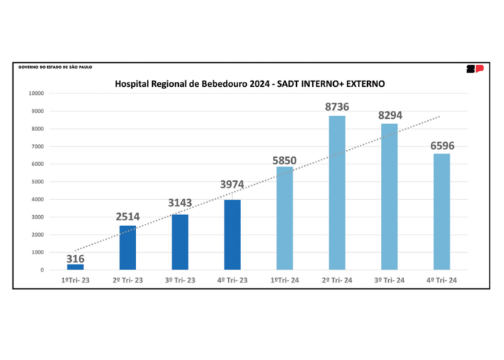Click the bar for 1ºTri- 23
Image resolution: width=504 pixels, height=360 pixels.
(75, 267)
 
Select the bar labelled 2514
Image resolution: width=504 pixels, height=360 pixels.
(127, 248)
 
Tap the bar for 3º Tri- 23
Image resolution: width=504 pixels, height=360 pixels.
(180, 242)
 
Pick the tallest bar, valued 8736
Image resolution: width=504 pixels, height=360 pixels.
(337, 193)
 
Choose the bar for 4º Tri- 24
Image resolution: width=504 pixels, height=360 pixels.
(441, 212)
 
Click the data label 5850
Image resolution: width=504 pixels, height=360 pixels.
(285, 159)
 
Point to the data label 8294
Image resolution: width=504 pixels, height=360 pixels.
(389, 115)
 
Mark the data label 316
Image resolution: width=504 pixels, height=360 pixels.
(75, 258)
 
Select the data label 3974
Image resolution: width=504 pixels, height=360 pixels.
(232, 185)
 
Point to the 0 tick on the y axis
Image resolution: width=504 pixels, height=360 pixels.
(42, 269)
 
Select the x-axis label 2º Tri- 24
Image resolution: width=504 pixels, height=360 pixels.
(337, 279)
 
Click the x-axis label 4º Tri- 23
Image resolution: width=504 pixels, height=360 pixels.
(232, 279)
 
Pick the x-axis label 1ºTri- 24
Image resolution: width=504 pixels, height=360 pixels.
(285, 279)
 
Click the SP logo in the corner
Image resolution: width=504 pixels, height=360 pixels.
(474, 69)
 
